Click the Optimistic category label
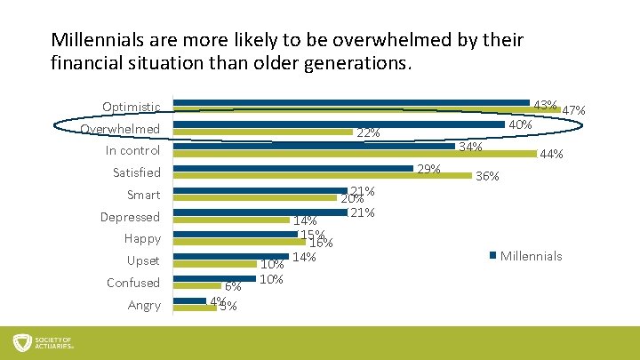pyautogui.click(x=132, y=108)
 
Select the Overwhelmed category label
pyautogui.click(x=120, y=130)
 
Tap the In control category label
pyautogui.click(x=132, y=151)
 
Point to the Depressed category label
pyautogui.click(x=130, y=217)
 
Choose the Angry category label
pyautogui.click(x=144, y=305)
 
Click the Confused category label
pyautogui.click(x=133, y=283)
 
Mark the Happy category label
pyautogui.click(x=142, y=239)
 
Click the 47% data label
pyautogui.click(x=573, y=110)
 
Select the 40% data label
pyautogui.click(x=520, y=125)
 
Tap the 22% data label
pyautogui.click(x=368, y=133)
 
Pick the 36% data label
pyautogui.click(x=487, y=177)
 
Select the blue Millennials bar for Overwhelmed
pyautogui.click(x=338, y=124)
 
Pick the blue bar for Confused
pyautogui.click(x=213, y=278)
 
